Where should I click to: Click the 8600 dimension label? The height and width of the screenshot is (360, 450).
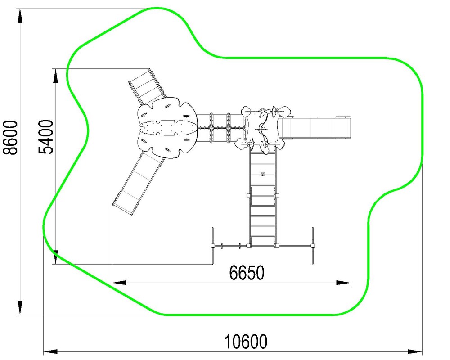(x=11, y=138)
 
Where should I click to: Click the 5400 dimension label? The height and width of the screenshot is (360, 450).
(x=46, y=137)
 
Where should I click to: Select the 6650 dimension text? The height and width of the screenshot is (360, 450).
(x=247, y=273)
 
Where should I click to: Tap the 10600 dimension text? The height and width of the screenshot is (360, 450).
(x=245, y=342)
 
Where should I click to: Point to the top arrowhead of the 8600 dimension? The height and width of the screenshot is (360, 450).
(x=20, y=15)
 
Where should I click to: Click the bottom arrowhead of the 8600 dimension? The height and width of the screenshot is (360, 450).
(x=20, y=307)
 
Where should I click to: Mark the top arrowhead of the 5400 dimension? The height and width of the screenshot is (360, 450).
(x=56, y=76)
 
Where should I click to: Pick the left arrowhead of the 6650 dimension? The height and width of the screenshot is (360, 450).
(x=119, y=283)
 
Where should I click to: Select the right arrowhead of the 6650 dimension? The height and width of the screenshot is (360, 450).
(x=343, y=283)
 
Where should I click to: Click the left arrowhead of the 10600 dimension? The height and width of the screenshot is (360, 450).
(x=50, y=351)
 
